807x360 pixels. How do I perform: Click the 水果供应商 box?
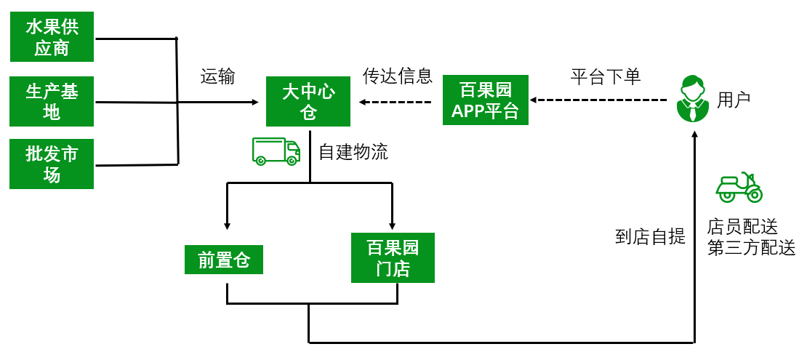click(x=52, y=38)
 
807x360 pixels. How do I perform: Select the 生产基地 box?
click(x=52, y=101)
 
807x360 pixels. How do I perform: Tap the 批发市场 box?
click(x=52, y=164)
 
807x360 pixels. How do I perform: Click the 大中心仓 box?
click(x=308, y=101)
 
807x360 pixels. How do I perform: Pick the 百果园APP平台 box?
click(x=485, y=100)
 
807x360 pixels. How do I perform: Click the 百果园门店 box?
click(x=393, y=257)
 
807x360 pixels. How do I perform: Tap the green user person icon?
click(x=692, y=99)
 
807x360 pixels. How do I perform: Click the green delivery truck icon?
click(x=276, y=151)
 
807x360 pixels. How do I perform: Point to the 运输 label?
click(x=218, y=77)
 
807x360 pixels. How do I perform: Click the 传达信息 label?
click(x=398, y=76)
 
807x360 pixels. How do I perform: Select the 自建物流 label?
click(x=353, y=152)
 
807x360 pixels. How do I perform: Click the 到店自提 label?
click(x=650, y=236)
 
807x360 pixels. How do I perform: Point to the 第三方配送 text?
click(x=751, y=248)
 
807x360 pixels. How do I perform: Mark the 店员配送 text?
click(x=742, y=228)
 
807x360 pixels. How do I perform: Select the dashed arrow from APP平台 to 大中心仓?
click(x=396, y=101)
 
